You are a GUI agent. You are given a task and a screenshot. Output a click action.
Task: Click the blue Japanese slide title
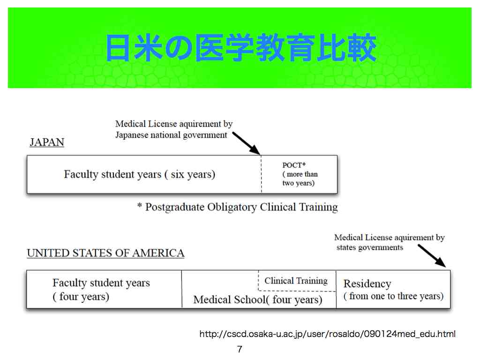pyautogui.click(x=240, y=48)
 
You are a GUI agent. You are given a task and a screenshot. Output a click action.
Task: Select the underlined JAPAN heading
pyautogui.click(x=47, y=142)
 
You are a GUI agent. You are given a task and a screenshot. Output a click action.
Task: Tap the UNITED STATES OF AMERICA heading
pyautogui.click(x=105, y=253)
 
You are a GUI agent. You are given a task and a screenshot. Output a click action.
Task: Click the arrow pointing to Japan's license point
pyautogui.click(x=246, y=143)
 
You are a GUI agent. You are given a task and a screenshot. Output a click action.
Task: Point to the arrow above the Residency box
pyautogui.click(x=432, y=255)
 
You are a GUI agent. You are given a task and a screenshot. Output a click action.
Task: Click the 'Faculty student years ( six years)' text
pyautogui.click(x=140, y=174)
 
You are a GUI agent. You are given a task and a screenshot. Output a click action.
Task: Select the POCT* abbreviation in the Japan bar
pyautogui.click(x=294, y=165)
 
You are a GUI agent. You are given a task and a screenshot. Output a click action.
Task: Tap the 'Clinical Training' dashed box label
pyautogui.click(x=296, y=281)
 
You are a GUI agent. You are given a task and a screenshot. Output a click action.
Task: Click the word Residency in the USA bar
pyautogui.click(x=367, y=284)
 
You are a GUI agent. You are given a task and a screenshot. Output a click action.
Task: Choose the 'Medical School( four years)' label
pyautogui.click(x=258, y=300)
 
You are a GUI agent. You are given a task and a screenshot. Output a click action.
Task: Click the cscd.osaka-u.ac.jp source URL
pyautogui.click(x=327, y=334)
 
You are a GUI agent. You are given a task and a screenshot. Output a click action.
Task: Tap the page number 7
pyautogui.click(x=240, y=349)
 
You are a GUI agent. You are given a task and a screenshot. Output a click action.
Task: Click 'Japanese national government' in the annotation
pyautogui.click(x=171, y=135)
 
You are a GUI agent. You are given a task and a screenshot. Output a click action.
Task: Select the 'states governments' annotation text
pyautogui.click(x=370, y=247)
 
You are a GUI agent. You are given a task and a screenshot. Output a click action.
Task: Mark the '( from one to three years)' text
pyautogui.click(x=393, y=296)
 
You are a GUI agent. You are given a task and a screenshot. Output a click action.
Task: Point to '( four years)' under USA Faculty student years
pyautogui.click(x=81, y=297)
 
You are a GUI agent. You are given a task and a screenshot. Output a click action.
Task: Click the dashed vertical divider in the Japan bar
pyautogui.click(x=261, y=174)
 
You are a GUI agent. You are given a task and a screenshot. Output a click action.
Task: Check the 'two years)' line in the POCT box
pyautogui.click(x=299, y=183)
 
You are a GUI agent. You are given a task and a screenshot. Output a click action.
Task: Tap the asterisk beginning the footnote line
pyautogui.click(x=140, y=205)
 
